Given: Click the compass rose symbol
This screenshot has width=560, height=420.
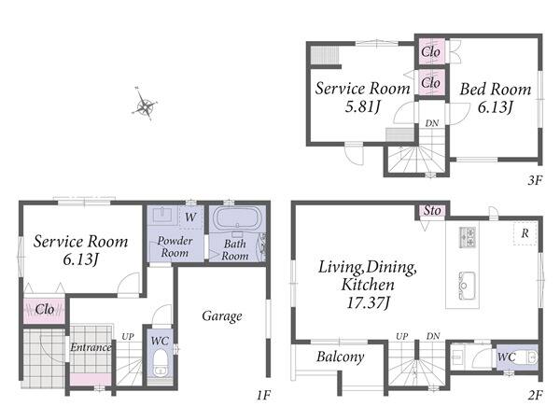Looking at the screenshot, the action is (x=145, y=104).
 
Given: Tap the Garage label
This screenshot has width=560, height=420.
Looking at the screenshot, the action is (x=222, y=316).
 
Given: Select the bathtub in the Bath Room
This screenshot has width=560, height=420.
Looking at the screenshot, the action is (x=236, y=218).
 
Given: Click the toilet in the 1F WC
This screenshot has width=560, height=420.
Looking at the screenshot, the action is (x=160, y=362).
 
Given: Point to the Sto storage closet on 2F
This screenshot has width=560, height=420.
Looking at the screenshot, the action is (x=432, y=211).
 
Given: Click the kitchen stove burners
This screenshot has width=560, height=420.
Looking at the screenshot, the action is (x=468, y=237).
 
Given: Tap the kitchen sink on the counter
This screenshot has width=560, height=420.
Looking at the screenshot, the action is (x=467, y=285).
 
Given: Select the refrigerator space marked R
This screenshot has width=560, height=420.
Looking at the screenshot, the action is (x=525, y=233).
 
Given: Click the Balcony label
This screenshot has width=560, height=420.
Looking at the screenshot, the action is (x=340, y=357).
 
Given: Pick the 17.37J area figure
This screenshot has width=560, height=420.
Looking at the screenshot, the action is (x=369, y=303).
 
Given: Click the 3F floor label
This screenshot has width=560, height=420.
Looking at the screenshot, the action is (x=535, y=181).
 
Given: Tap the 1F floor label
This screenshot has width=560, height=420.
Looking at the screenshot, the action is (x=263, y=395).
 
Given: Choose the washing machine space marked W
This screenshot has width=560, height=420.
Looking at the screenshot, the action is (x=190, y=217).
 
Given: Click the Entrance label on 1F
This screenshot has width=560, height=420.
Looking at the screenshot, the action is (x=91, y=347).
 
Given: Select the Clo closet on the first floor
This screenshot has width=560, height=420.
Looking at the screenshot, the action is (x=45, y=309).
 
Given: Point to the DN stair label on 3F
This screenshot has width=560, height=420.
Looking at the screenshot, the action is (x=432, y=123).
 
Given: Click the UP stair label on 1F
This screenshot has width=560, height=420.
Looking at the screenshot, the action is (x=128, y=336).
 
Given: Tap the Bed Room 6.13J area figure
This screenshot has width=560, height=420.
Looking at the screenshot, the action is (x=496, y=106).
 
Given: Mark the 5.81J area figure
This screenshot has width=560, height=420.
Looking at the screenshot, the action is (x=362, y=106).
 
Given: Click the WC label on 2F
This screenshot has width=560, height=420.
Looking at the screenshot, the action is (x=507, y=357).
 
